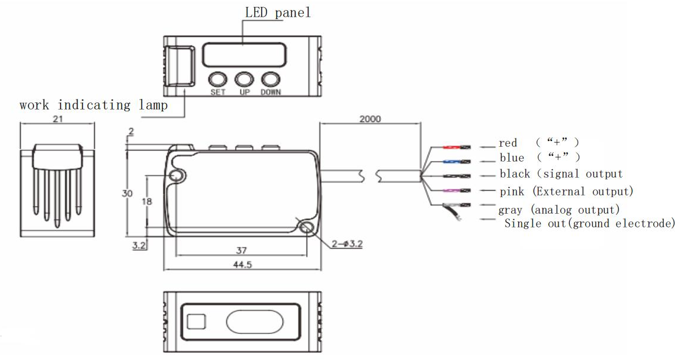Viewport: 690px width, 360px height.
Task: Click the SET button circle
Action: point(217,80)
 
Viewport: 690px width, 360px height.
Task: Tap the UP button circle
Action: point(244,80)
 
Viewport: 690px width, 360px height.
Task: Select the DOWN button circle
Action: point(271,80)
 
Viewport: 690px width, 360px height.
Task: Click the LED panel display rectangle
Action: point(244,55)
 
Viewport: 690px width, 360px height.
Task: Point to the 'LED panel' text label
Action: point(278,12)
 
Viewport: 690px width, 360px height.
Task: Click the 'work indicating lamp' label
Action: point(94,105)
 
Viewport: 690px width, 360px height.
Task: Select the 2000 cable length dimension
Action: point(370,119)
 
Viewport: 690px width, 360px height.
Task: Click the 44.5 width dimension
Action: point(242,265)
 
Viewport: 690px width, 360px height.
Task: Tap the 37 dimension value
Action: point(241,250)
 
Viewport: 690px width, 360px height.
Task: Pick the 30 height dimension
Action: point(127,193)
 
